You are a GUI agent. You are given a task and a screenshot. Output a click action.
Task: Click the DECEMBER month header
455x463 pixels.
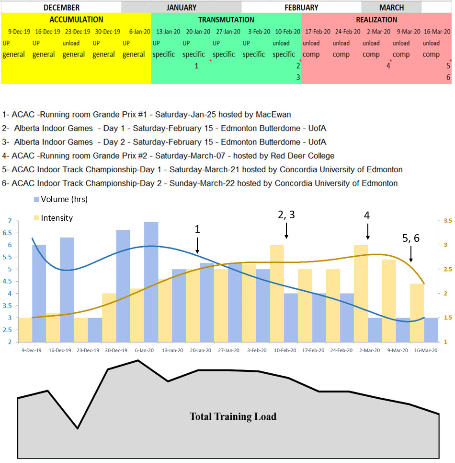(61, 7)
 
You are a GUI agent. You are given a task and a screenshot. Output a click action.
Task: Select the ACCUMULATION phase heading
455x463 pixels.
(76, 20)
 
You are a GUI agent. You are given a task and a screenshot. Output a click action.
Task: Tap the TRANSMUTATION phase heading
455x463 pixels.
(226, 20)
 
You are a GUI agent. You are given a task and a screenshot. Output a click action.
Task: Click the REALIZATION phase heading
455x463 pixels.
(376, 20)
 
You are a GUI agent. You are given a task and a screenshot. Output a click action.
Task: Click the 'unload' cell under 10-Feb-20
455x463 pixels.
(281, 43)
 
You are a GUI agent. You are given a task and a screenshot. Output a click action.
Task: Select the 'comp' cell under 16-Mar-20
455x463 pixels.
(432, 54)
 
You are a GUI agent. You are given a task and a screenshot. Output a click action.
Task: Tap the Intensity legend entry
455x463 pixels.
(57, 218)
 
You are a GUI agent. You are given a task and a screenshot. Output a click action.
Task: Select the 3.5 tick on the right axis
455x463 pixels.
(448, 221)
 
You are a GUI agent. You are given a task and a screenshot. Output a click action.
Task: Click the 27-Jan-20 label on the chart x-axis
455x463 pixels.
(229, 350)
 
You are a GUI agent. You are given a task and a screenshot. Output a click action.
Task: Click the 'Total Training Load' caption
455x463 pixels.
(233, 416)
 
